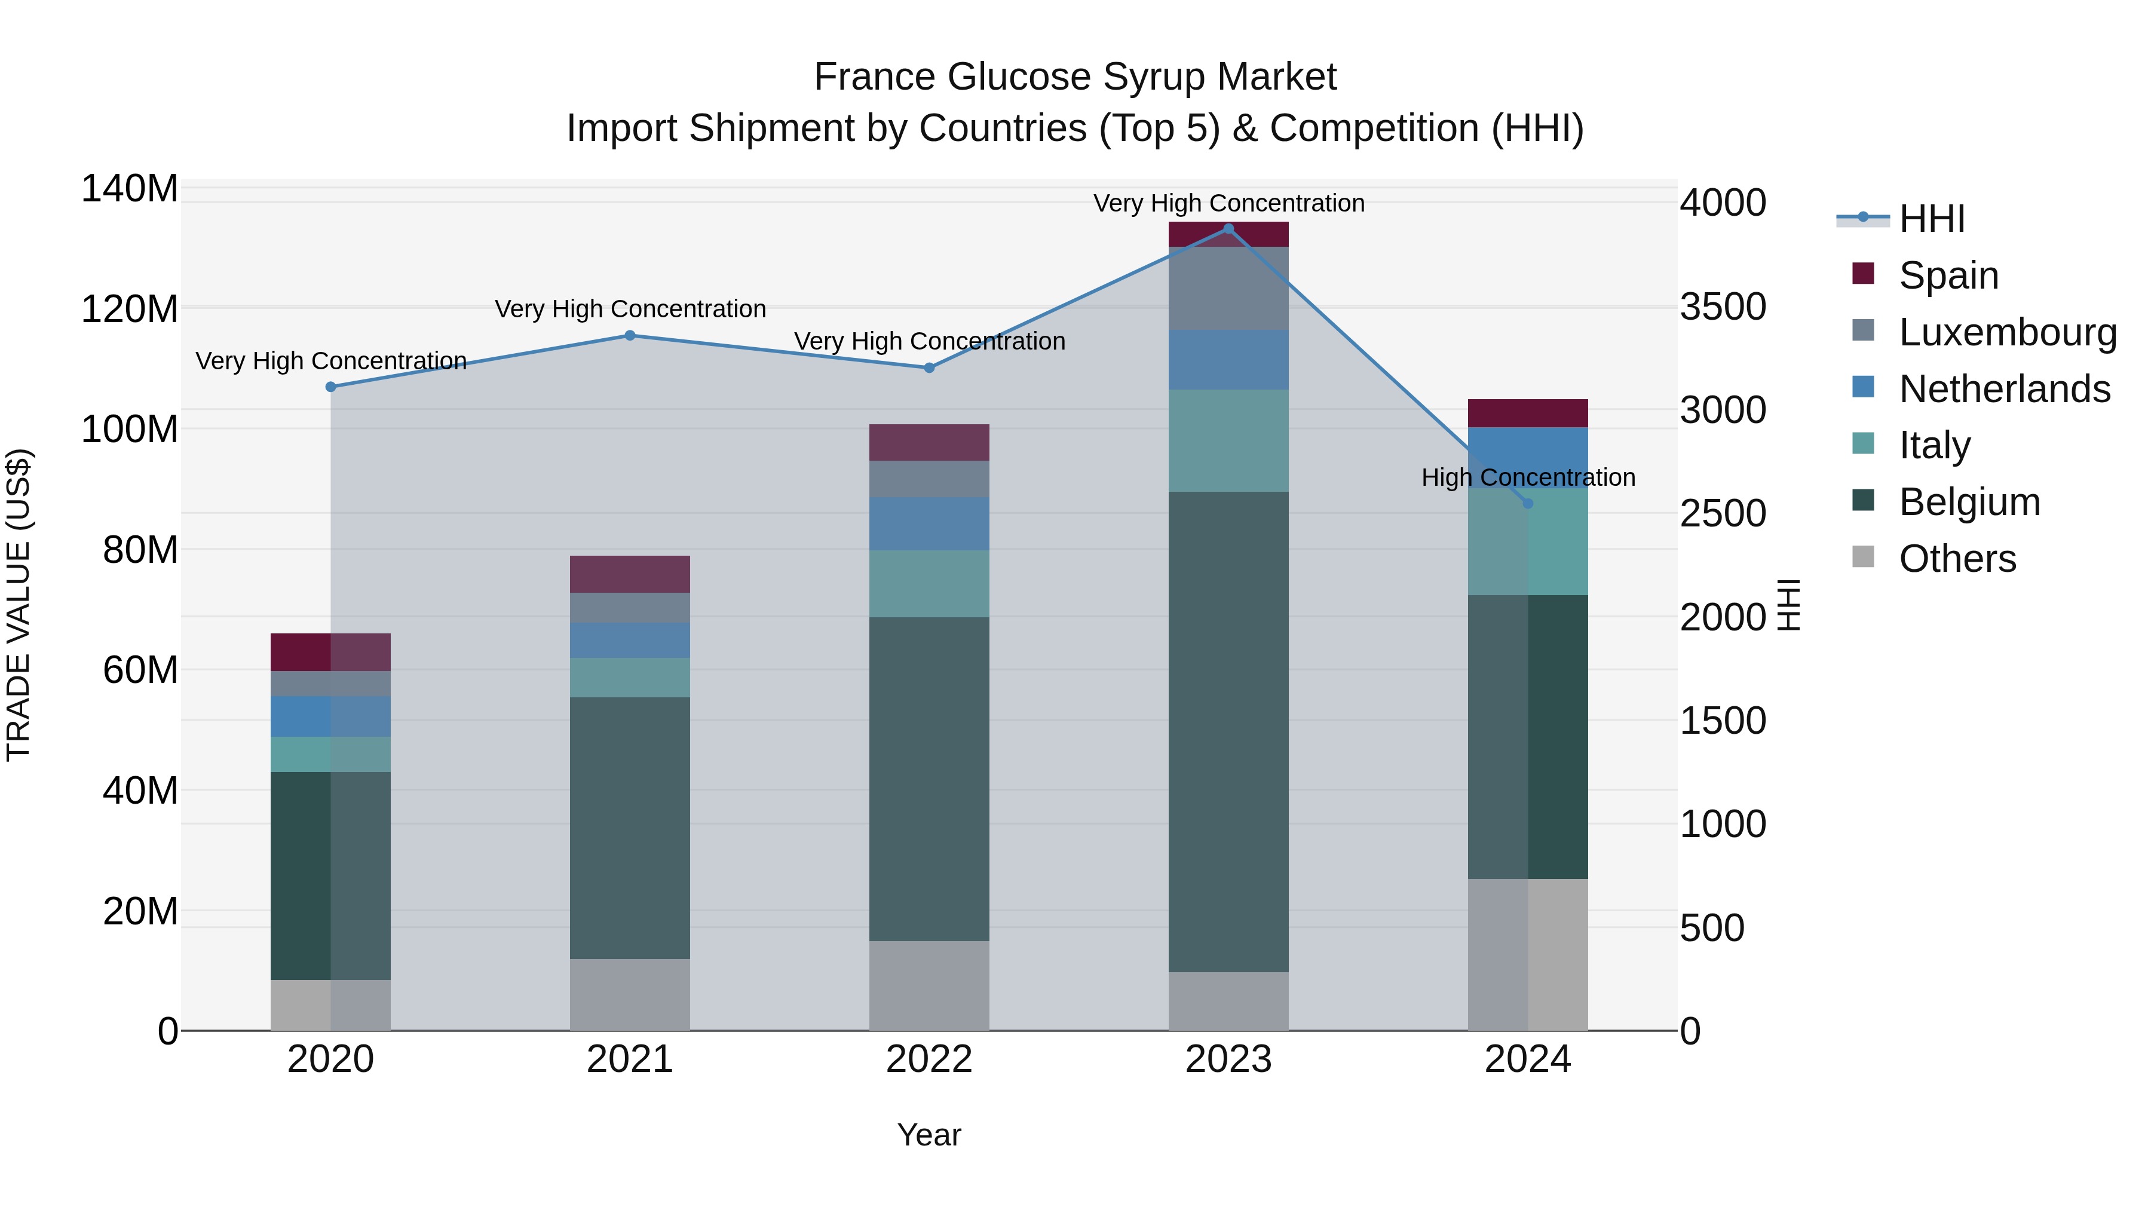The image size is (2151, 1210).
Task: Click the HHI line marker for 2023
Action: click(x=1228, y=229)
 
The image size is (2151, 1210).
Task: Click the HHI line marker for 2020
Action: click(x=330, y=387)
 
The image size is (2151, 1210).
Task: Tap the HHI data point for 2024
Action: click(x=1528, y=504)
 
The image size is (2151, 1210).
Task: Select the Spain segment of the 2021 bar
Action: click(x=630, y=574)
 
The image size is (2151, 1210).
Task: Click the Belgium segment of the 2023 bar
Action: click(x=1228, y=731)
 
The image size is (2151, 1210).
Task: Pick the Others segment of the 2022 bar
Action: click(x=929, y=985)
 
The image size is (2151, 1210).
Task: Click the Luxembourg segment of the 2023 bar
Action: click(x=1228, y=288)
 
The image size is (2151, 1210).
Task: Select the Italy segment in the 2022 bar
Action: click(x=929, y=584)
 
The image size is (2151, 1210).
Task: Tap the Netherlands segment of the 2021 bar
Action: click(x=630, y=641)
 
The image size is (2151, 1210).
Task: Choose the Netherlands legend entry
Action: click(x=2003, y=389)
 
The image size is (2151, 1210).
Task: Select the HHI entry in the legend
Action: click(x=1931, y=219)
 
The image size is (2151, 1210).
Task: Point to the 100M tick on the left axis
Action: click(x=130, y=430)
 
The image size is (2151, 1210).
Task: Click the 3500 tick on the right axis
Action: click(x=1723, y=307)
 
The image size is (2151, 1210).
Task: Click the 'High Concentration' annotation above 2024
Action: click(x=1528, y=477)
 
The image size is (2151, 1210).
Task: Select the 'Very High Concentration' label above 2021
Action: click(x=630, y=309)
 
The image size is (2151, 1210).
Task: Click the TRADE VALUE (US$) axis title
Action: click(x=19, y=605)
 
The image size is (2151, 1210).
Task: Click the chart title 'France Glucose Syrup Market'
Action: click(x=1075, y=77)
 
